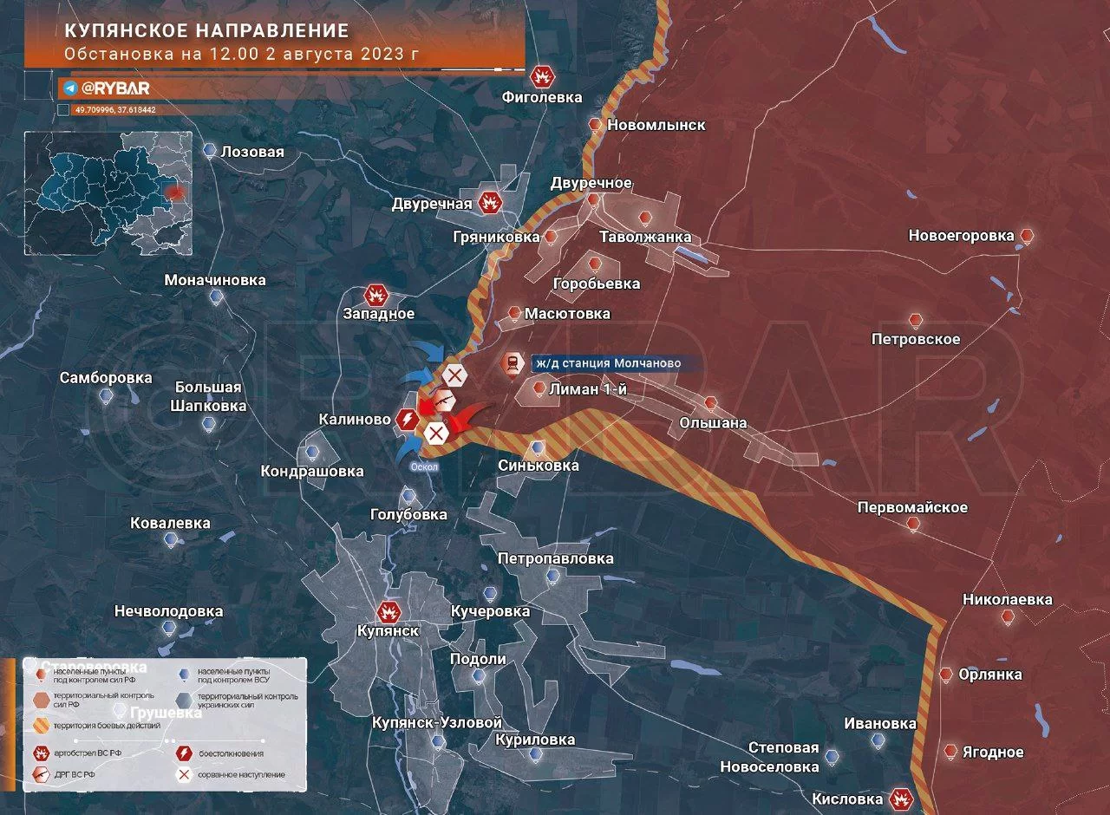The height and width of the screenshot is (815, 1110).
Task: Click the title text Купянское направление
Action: (206, 31)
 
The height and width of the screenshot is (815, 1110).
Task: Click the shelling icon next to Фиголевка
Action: (543, 76)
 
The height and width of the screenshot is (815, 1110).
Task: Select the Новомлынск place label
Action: (656, 125)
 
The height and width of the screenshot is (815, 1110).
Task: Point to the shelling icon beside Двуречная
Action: (491, 203)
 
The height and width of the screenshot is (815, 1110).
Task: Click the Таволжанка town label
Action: (645, 237)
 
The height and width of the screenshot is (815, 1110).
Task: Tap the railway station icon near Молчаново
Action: (513, 364)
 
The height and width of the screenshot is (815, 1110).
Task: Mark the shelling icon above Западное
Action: (376, 294)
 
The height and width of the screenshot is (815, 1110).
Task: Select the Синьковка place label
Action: (539, 466)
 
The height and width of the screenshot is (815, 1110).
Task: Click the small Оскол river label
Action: (425, 466)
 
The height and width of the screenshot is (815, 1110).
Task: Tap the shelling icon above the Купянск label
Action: (388, 611)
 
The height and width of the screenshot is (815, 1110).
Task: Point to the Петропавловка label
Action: (556, 559)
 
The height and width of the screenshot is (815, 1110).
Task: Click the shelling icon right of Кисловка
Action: (903, 799)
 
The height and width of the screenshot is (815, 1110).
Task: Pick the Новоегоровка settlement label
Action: (961, 236)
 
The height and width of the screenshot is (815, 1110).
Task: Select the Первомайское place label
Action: (912, 507)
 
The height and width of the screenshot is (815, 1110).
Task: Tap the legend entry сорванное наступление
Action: (241, 774)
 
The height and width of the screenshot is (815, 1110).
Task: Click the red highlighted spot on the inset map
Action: (177, 191)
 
